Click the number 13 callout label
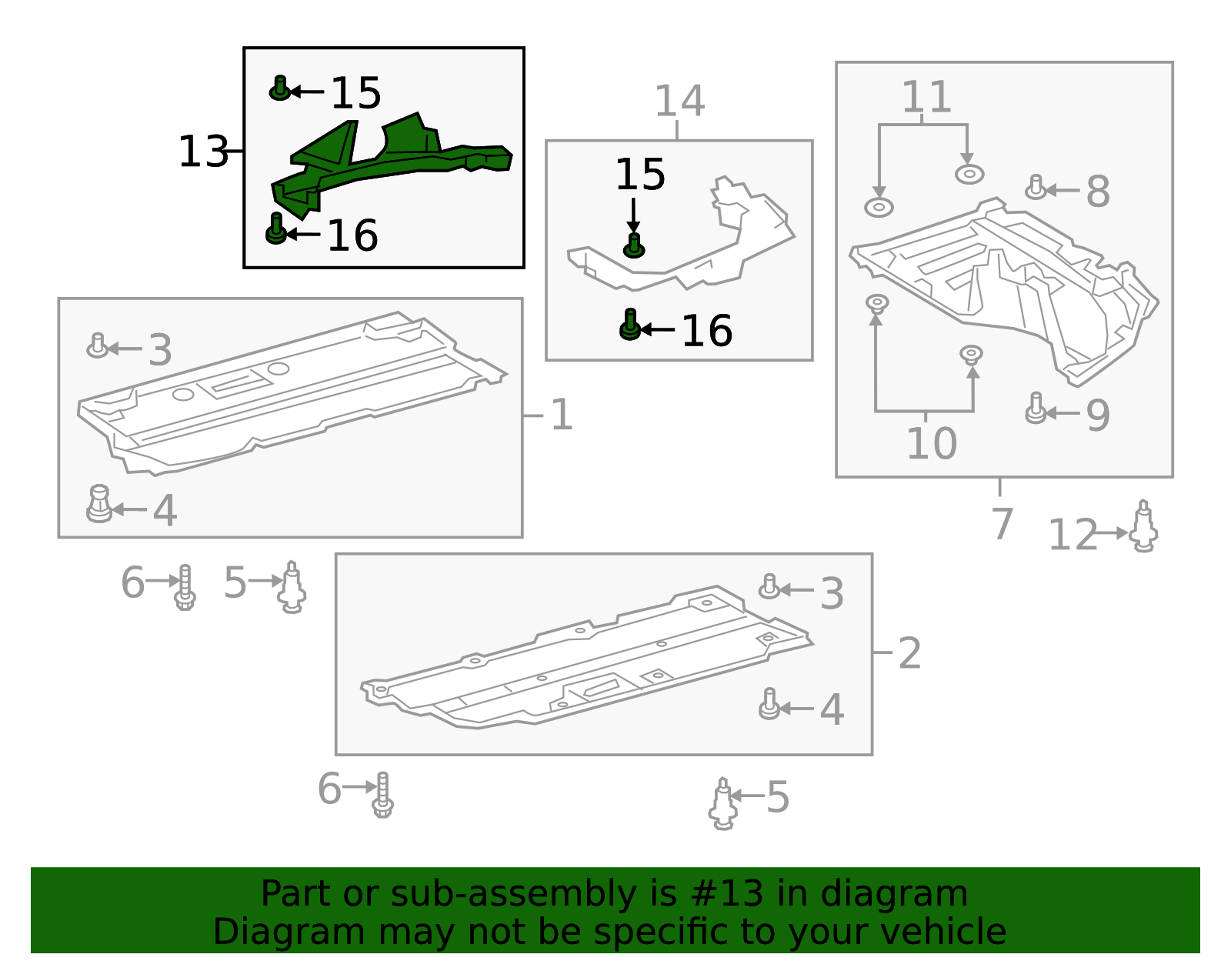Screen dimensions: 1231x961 pyautogui.click(x=203, y=152)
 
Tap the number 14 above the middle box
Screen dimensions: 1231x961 pyautogui.click(x=679, y=101)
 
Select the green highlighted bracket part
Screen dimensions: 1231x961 pyautogui.click(x=392, y=165)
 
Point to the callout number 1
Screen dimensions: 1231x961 pyautogui.click(x=562, y=415)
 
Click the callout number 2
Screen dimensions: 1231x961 pyautogui.click(x=910, y=653)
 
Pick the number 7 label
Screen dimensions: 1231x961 pyautogui.click(x=1002, y=524)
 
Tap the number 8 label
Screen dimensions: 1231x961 pyautogui.click(x=1098, y=192)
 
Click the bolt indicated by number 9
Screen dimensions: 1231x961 pyautogui.click(x=1036, y=408)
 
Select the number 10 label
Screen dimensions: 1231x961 pyautogui.click(x=932, y=443)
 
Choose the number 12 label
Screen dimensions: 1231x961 pyautogui.click(x=1073, y=534)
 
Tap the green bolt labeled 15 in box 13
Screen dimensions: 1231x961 pyautogui.click(x=280, y=88)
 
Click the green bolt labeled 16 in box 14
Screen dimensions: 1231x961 pyautogui.click(x=630, y=325)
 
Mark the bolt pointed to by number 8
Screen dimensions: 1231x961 pyautogui.click(x=1036, y=188)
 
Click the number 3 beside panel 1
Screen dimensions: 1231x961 pyautogui.click(x=160, y=350)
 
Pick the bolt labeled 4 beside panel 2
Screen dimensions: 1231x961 pyautogui.click(x=769, y=704)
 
